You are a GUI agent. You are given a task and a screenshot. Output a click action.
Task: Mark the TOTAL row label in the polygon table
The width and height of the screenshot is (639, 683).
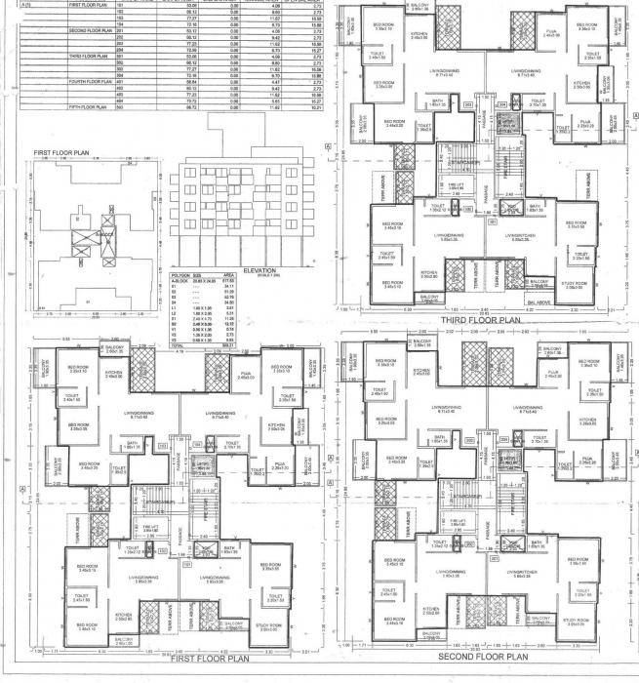click(x=178, y=345)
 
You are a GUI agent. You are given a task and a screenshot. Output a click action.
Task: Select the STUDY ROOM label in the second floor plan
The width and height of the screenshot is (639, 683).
click(x=574, y=622)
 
